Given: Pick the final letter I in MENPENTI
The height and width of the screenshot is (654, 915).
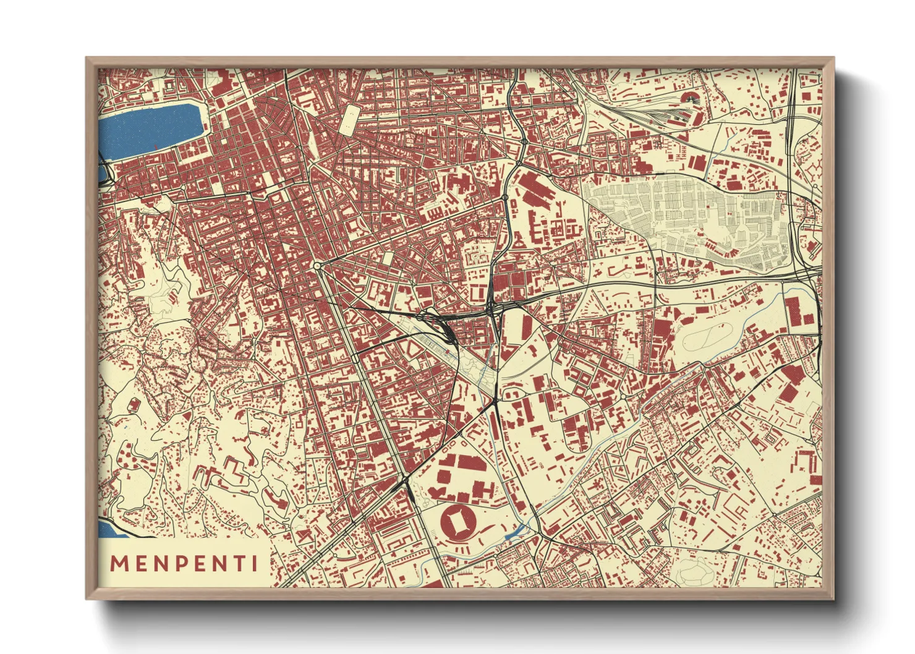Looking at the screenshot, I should tap(254, 563).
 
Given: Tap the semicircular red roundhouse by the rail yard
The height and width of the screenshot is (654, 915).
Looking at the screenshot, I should tap(689, 97).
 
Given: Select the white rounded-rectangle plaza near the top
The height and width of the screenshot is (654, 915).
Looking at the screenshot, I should tap(349, 119).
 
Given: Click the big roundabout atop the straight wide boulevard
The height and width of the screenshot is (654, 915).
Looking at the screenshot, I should tap(317, 266).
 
